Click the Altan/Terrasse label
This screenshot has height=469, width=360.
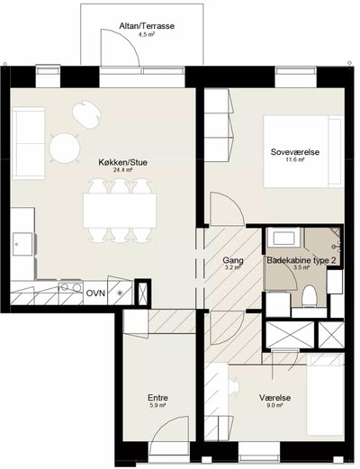point(147,26)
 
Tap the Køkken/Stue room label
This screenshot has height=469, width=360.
point(123,162)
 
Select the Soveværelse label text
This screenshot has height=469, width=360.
point(295,152)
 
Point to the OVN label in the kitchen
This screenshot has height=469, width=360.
point(95,293)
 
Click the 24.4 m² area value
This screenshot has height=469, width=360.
point(121,170)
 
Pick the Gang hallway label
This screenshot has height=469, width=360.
point(233,260)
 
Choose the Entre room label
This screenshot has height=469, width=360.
point(157,398)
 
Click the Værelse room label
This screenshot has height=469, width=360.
point(274,398)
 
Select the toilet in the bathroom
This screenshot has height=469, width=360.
point(310,296)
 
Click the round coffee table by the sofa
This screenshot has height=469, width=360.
point(65,149)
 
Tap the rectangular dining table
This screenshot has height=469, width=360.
point(120,211)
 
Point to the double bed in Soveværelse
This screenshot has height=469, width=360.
point(303,151)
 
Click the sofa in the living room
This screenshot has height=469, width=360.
point(29,143)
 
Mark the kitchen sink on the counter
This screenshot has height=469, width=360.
point(22,244)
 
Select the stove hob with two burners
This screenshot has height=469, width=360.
point(71,287)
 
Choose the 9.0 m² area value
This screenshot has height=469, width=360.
point(274,405)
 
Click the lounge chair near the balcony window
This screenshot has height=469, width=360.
point(86,114)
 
